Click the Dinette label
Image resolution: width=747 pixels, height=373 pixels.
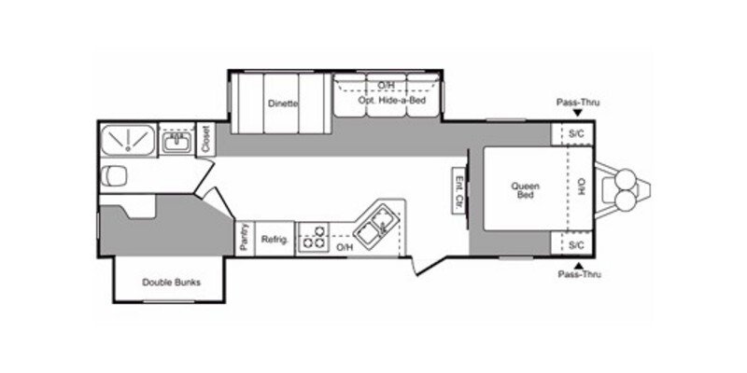tap(282, 104)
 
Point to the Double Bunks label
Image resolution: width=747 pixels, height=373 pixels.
tap(171, 283)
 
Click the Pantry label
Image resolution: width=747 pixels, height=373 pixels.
tap(243, 237)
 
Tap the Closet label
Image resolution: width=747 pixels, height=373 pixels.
tap(205, 140)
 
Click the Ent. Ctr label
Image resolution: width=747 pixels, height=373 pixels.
tap(459, 191)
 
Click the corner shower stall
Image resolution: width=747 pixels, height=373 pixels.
tap(127, 140)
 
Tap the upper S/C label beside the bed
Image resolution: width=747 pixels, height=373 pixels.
tap(576, 134)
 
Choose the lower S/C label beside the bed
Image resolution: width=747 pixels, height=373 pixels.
tap(576, 245)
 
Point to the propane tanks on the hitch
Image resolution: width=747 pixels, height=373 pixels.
tap(623, 190)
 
